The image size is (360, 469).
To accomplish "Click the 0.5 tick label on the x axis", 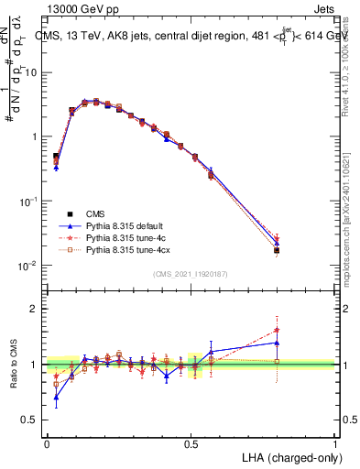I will click(x=191, y=442).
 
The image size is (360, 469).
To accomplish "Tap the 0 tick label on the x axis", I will click(x=47, y=442).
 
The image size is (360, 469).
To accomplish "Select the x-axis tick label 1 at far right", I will click(x=334, y=442).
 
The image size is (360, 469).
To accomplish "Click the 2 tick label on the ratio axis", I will click(x=33, y=310).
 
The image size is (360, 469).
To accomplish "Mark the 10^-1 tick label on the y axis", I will click(x=27, y=202).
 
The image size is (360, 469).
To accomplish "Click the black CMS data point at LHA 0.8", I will click(x=277, y=250).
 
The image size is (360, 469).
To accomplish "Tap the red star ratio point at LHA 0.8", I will click(x=277, y=330).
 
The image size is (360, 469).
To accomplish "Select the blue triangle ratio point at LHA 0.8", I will click(x=277, y=343).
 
